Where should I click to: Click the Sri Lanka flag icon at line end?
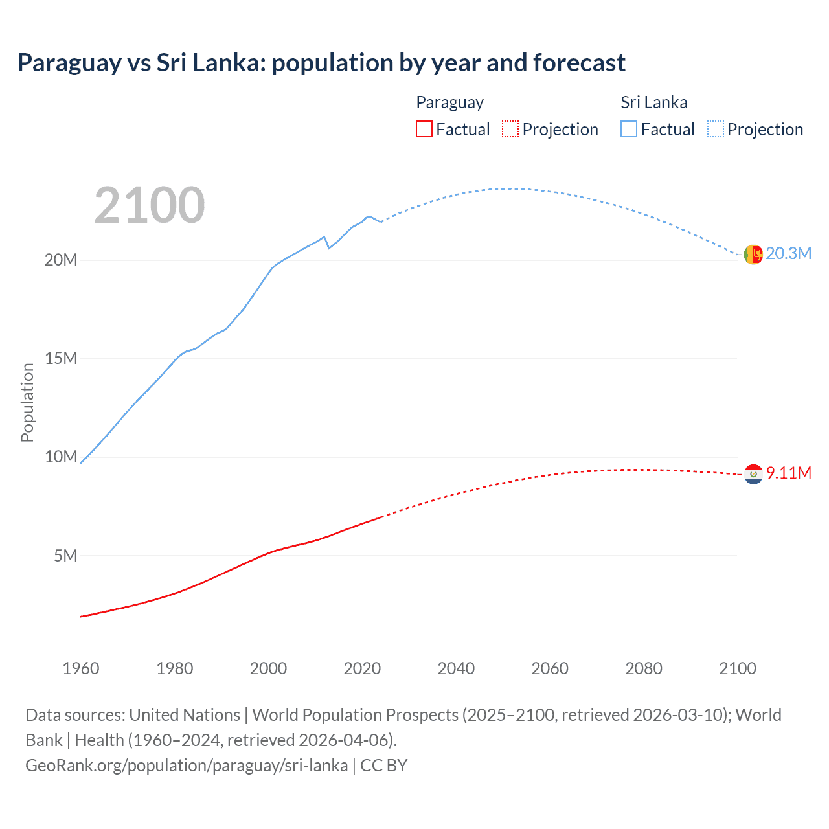(x=753, y=255)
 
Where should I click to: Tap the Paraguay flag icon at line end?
(x=753, y=474)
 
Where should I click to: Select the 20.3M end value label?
(x=788, y=253)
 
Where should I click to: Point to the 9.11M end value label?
(x=788, y=473)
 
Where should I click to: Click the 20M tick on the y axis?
(x=61, y=260)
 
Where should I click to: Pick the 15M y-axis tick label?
(x=61, y=358)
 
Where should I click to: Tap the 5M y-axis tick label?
(x=65, y=556)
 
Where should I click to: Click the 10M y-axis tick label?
(x=61, y=457)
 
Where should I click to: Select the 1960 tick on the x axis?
(x=81, y=668)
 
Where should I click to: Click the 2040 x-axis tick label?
(x=456, y=668)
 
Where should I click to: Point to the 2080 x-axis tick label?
(x=644, y=668)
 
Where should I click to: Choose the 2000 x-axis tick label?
(x=268, y=668)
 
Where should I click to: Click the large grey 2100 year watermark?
(x=150, y=205)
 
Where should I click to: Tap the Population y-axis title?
(x=27, y=402)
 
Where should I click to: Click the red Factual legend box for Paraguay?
(x=424, y=129)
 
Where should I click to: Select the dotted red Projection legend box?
(x=510, y=129)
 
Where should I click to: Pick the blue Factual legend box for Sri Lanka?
(x=629, y=129)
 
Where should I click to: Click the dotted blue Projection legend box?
(x=715, y=129)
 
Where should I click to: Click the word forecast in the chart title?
(x=579, y=63)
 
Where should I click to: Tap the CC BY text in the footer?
(x=383, y=766)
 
